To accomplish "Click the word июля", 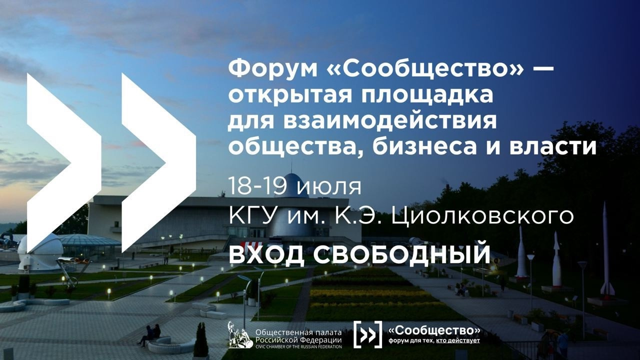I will (x=328, y=186).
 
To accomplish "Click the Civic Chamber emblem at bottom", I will (x=240, y=334).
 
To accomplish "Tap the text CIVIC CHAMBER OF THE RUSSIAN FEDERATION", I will (x=298, y=346).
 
